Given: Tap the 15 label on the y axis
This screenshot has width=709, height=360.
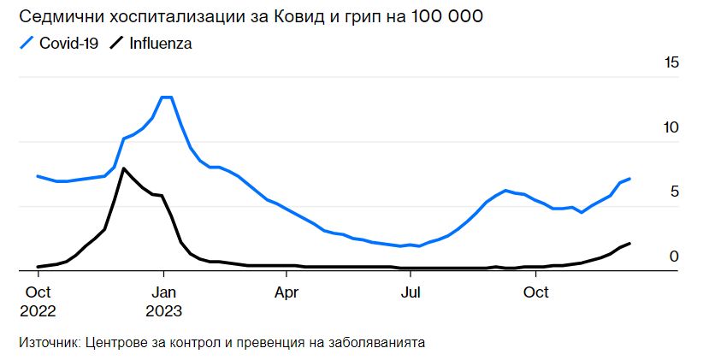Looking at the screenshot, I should pyautogui.click(x=671, y=63).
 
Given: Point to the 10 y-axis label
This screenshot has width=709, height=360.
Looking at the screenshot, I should pyautogui.click(x=671, y=127).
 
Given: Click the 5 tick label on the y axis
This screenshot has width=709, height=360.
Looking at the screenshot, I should pyautogui.click(x=674, y=192).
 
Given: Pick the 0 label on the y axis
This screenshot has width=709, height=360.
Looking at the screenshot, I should pyautogui.click(x=674, y=256).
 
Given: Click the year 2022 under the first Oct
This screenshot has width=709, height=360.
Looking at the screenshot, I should pyautogui.click(x=38, y=309).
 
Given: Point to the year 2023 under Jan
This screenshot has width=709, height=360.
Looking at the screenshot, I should pyautogui.click(x=163, y=309).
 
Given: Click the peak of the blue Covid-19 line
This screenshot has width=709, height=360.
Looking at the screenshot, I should pyautogui.click(x=167, y=97).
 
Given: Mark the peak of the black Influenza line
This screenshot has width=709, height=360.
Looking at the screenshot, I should pyautogui.click(x=124, y=168).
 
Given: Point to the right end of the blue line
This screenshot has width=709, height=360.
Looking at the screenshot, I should pyautogui.click(x=629, y=179).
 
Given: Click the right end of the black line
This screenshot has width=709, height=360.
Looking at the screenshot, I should pyautogui.click(x=629, y=244).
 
